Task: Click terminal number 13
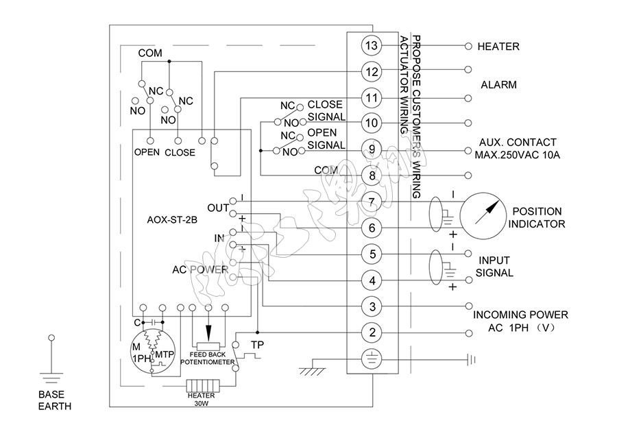pos(372,46)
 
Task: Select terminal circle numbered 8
pos(372,175)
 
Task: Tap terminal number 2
pos(372,333)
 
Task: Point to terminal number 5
pos(372,254)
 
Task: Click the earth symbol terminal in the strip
pos(372,359)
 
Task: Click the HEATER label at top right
pos(498,47)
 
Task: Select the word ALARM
pos(498,85)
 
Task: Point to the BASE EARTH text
pos(54,400)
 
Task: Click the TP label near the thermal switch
pos(258,343)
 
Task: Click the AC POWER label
pos(199,269)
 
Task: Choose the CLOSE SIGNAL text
pos(324,110)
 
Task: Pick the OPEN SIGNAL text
pos(324,138)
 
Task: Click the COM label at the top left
pos(150,53)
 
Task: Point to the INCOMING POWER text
pos(520,321)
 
